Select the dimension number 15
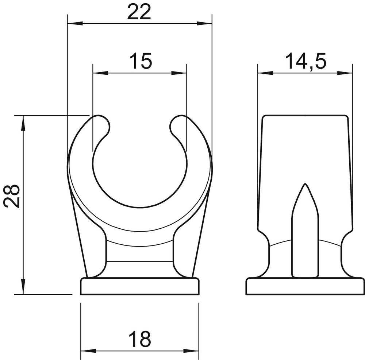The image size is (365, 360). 141,61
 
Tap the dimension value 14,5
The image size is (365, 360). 306,61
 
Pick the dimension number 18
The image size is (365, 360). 140,339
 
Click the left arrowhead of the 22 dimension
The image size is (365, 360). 75,23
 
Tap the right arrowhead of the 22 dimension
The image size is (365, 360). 204,23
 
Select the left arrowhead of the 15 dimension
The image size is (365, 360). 100,73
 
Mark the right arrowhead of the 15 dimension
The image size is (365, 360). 179,73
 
